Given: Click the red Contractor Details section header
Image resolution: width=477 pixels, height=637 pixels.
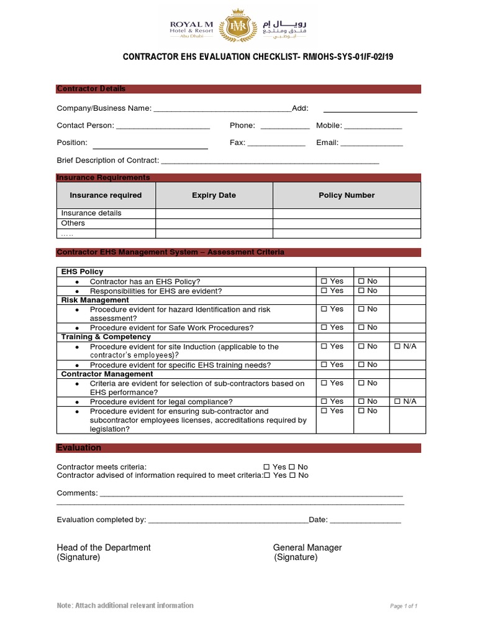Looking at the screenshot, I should click(238, 89).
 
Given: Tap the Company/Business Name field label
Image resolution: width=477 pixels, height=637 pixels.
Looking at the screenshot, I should click(104, 108).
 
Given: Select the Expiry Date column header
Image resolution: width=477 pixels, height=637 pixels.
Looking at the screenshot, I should click(214, 195).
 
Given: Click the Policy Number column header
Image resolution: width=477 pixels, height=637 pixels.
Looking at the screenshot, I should click(347, 195).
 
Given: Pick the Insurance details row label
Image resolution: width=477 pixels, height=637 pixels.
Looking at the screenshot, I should click(91, 213).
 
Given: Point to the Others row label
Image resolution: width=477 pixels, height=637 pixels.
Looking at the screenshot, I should click(73, 223).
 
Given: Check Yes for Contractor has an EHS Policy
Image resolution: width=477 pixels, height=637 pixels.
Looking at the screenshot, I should click(324, 282).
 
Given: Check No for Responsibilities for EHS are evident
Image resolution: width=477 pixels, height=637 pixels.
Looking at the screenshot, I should click(361, 291).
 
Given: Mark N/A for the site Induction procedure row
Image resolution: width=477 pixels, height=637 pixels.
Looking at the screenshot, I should click(397, 346).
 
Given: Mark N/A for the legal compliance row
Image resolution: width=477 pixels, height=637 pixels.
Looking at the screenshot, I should click(397, 402).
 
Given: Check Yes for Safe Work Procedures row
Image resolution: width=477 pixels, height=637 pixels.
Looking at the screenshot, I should click(324, 328).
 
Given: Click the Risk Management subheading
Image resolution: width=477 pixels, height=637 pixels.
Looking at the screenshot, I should click(95, 300).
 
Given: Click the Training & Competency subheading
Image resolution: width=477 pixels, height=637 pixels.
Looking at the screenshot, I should click(106, 337).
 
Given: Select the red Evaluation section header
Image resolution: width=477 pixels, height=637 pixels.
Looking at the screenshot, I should click(238, 448).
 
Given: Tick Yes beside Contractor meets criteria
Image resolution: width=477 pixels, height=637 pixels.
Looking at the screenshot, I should click(266, 467).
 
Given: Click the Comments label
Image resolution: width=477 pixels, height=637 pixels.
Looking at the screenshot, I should click(77, 493).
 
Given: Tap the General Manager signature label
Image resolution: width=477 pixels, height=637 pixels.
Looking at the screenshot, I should click(307, 548).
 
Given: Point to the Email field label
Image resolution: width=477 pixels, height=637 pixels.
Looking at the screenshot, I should click(327, 143).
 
